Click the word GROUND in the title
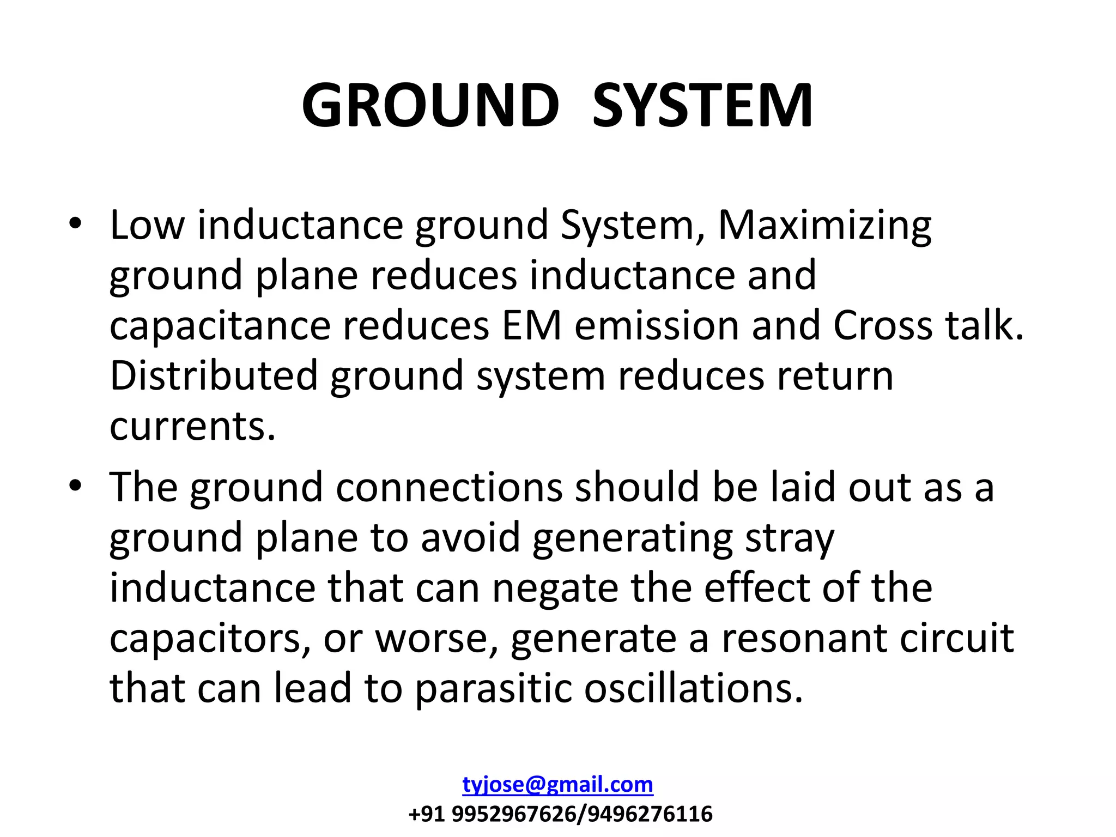430,106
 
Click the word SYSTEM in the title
703,106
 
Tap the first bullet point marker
75,223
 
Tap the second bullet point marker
75,485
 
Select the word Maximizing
824,226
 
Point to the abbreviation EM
531,326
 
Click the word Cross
883,326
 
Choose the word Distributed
214,376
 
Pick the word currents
192,427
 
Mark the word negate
555,588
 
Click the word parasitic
493,689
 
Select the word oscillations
693,689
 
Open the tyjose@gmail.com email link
557,785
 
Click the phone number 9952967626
513,814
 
